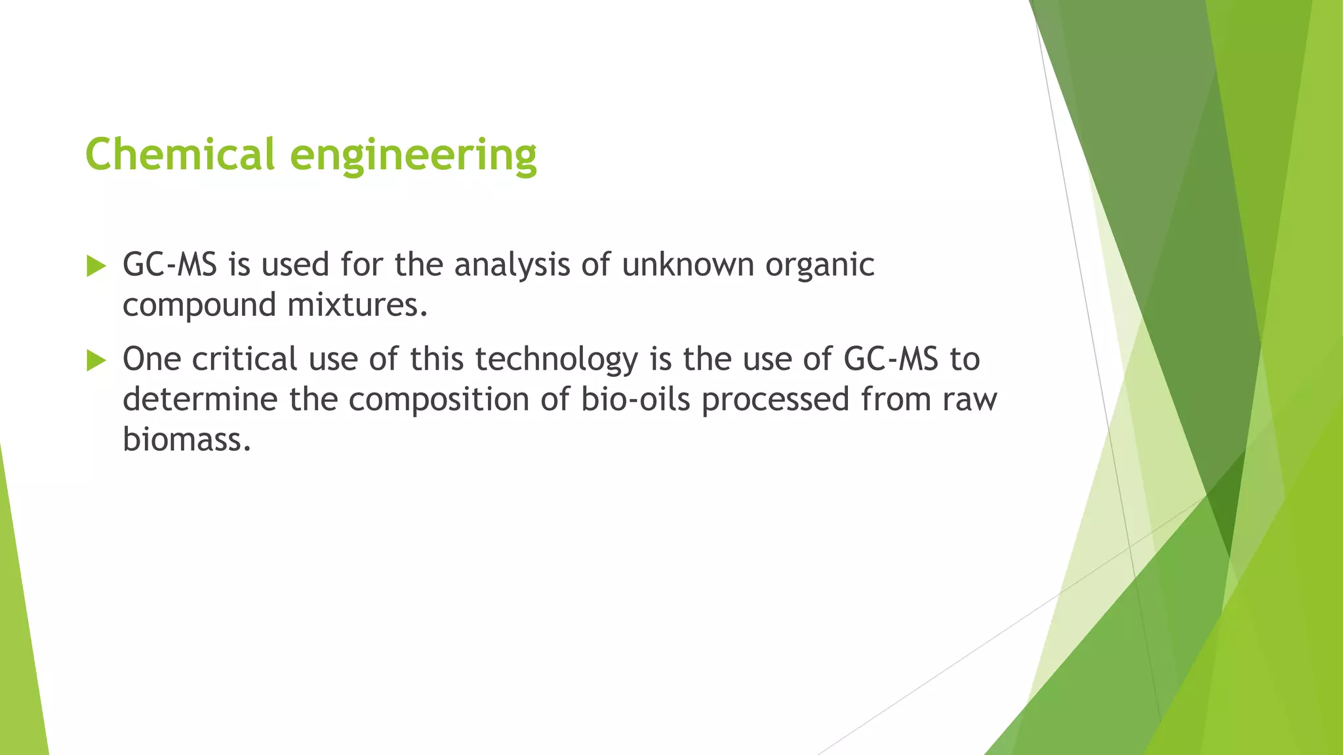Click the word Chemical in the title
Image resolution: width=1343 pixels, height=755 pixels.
[x=180, y=155]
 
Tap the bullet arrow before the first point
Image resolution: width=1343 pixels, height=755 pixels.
[x=96, y=266]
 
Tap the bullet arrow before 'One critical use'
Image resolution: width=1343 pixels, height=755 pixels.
[x=96, y=360]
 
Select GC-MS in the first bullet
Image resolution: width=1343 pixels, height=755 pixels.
[x=170, y=265]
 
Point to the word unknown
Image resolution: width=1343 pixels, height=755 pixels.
[x=688, y=265]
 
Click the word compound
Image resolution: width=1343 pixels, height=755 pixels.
[x=199, y=305]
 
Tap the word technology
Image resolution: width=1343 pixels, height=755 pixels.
[x=556, y=360]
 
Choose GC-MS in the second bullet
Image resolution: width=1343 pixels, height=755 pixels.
[x=891, y=359]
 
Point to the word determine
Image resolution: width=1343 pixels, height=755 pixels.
[x=200, y=399]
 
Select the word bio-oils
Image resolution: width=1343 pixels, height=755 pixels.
[x=635, y=399]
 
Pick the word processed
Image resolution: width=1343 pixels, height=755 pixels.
[x=776, y=400]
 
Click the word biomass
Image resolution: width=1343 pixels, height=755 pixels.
[x=187, y=439]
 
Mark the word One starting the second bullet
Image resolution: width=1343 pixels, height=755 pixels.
[x=151, y=359]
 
